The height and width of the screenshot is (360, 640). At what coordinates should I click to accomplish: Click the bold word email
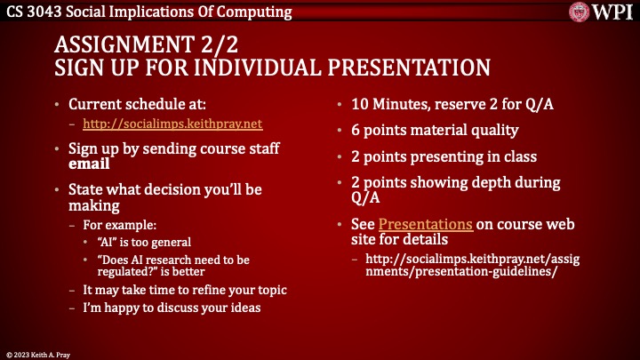(x=89, y=164)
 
